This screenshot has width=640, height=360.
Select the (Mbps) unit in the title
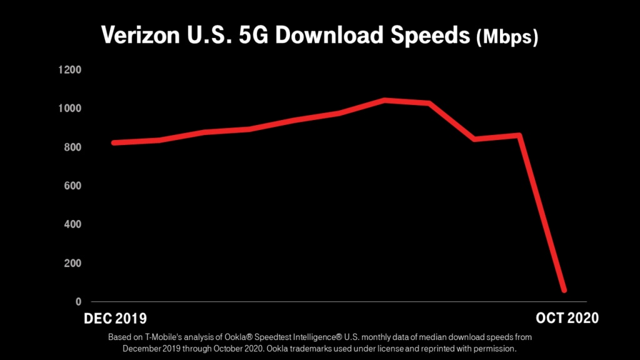pyautogui.click(x=507, y=37)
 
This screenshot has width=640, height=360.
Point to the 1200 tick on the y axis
pyautogui.click(x=69, y=69)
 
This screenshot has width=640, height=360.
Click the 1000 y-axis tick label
pyautogui.click(x=69, y=108)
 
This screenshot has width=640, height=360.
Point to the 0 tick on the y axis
pyautogui.click(x=78, y=302)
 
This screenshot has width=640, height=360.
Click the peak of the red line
pyautogui.click(x=386, y=100)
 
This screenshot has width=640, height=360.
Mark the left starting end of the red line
pyautogui.click(x=114, y=142)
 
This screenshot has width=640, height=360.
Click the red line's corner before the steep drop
pyautogui.click(x=519, y=135)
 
